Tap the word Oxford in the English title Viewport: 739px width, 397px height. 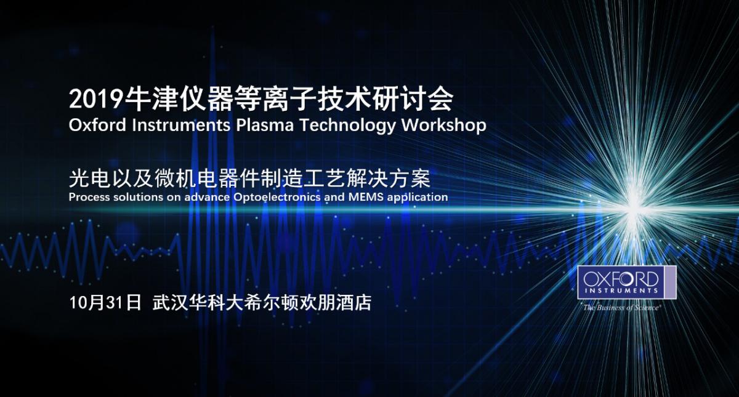[98, 126]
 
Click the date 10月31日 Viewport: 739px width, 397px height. [105, 302]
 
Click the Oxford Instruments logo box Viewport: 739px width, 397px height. [626, 283]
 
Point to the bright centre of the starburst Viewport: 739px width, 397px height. [634, 211]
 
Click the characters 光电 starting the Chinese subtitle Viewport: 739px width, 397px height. [87, 178]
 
